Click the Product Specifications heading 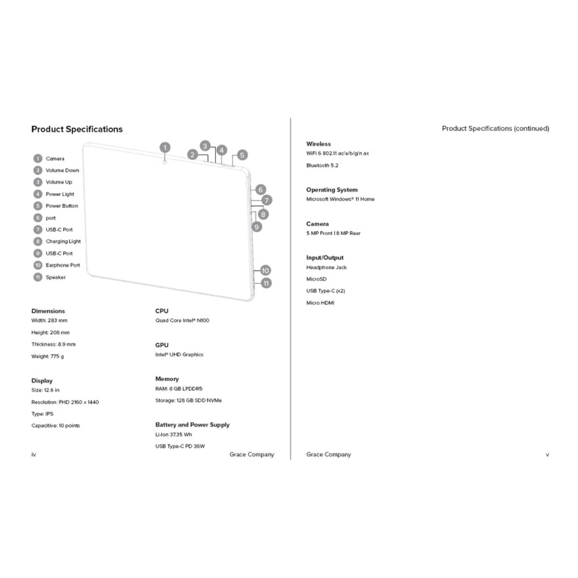coord(77,129)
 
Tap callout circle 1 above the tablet coord(165,147)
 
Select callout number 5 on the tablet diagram coord(242,155)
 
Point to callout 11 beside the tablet coord(266,283)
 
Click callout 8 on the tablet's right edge coord(263,214)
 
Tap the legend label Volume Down coord(63,171)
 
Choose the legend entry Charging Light coord(63,241)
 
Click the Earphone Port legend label coord(63,265)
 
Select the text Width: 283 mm coord(50,320)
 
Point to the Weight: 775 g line coord(48,356)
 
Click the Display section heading coord(42,381)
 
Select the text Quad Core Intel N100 coord(183,320)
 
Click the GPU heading coord(162,345)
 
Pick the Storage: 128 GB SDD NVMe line coord(189,400)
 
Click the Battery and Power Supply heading coord(193,425)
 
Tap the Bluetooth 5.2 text coord(322,165)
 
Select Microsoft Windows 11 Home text coord(341,199)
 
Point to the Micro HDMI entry coord(320,303)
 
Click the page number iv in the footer coord(34,455)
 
